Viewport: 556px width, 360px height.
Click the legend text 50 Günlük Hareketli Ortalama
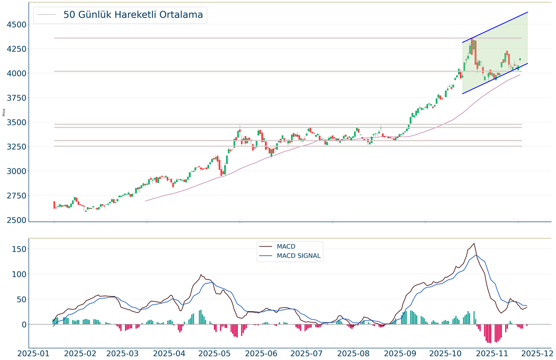point(133,15)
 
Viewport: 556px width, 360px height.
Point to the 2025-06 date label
point(262,353)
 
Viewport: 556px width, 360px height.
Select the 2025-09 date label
point(400,353)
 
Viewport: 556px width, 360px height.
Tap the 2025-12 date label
point(536,353)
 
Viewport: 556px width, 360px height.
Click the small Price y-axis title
point(4,112)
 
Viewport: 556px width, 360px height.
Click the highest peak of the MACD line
point(474,244)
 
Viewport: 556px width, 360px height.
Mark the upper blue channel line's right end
point(528,12)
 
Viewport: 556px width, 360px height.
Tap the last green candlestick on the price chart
point(520,59)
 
